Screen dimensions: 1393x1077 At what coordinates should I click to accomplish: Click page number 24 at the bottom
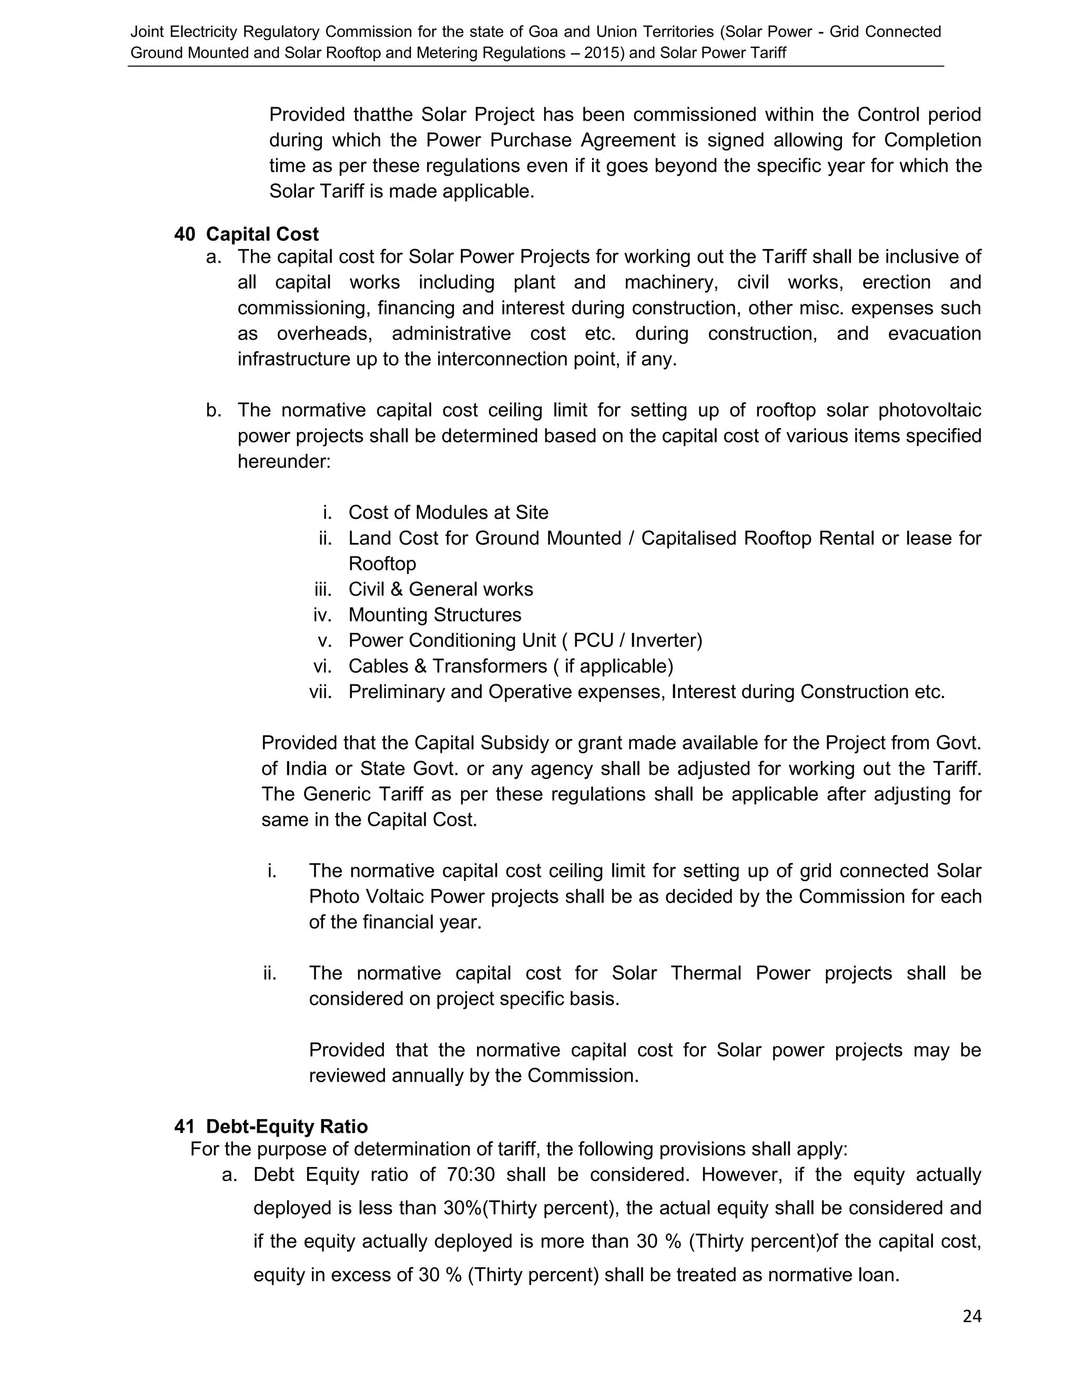(971, 1316)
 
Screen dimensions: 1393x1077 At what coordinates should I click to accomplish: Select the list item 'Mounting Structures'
(434, 615)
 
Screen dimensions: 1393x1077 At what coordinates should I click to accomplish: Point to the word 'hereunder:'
(284, 461)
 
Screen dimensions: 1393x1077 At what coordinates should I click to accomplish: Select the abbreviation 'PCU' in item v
(593, 640)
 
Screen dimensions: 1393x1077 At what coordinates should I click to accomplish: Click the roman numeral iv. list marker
(322, 615)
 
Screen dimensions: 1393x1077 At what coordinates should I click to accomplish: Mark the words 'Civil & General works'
(440, 589)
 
